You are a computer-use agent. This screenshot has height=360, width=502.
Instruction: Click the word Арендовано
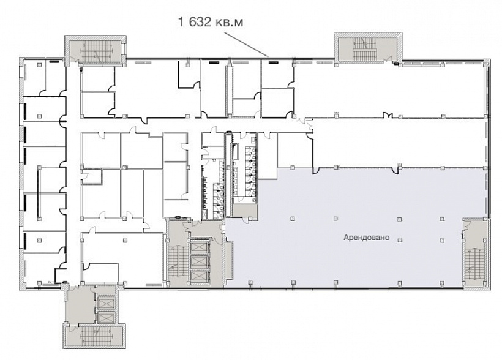pyautogui.click(x=366, y=238)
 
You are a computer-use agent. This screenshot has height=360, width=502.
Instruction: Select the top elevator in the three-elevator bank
pyautogui.click(x=199, y=247)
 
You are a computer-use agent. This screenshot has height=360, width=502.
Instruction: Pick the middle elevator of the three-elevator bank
pyautogui.click(x=199, y=261)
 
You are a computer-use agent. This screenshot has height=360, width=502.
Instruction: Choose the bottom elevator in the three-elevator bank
pyautogui.click(x=199, y=276)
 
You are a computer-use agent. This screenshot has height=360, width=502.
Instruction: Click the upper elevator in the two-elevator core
pyautogui.click(x=106, y=303)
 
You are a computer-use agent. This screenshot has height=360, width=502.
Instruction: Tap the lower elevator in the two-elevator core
pyautogui.click(x=106, y=317)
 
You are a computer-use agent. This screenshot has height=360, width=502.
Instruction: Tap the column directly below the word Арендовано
pyautogui.click(x=400, y=240)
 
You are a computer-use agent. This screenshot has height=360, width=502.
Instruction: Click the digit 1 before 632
pyautogui.click(x=182, y=22)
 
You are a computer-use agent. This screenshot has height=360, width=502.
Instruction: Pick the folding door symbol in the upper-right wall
pyautogui.click(x=388, y=114)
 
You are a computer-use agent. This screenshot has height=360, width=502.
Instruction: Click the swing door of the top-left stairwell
pyautogui.click(x=74, y=59)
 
